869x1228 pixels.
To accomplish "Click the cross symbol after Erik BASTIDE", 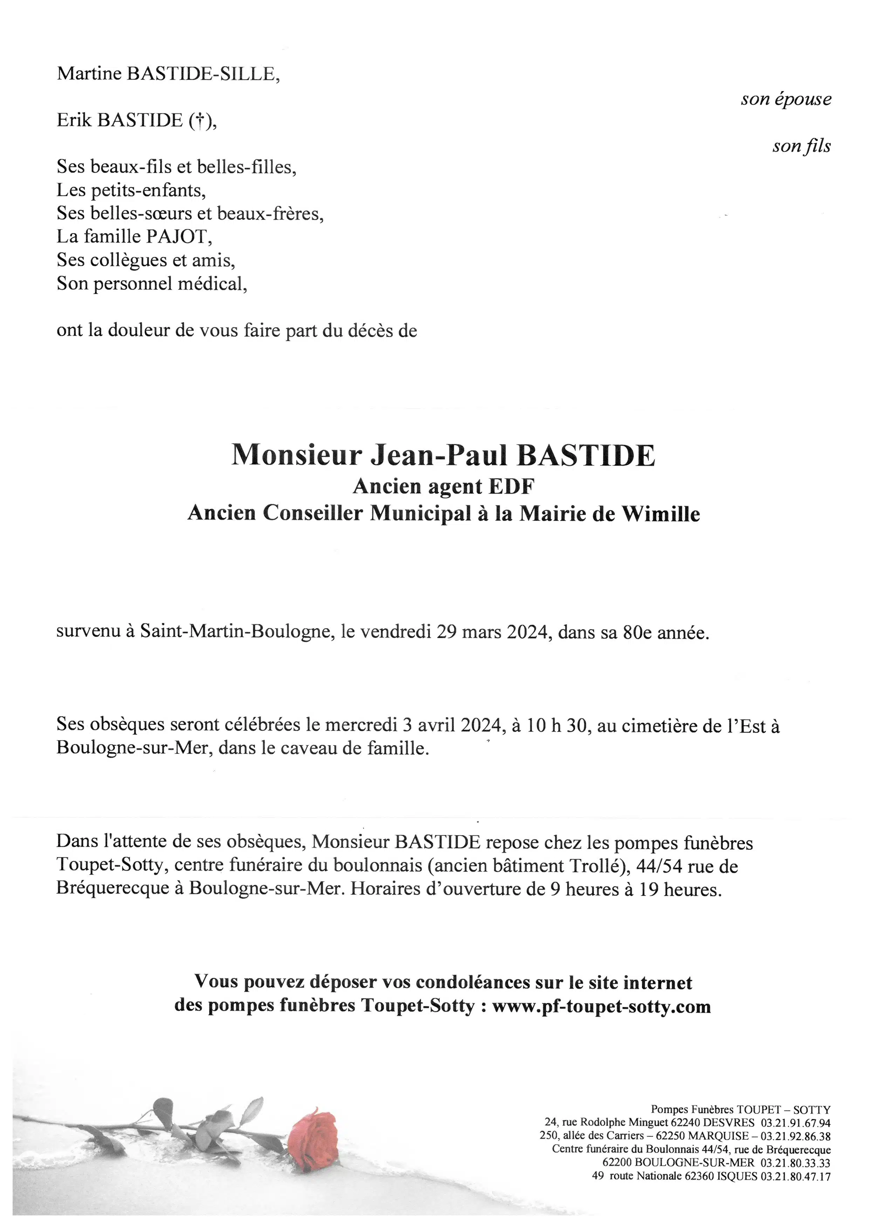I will pos(199,121).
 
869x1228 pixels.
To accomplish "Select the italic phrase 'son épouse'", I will pos(786,99).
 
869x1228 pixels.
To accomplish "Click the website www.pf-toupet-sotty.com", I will pos(601,1007).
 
